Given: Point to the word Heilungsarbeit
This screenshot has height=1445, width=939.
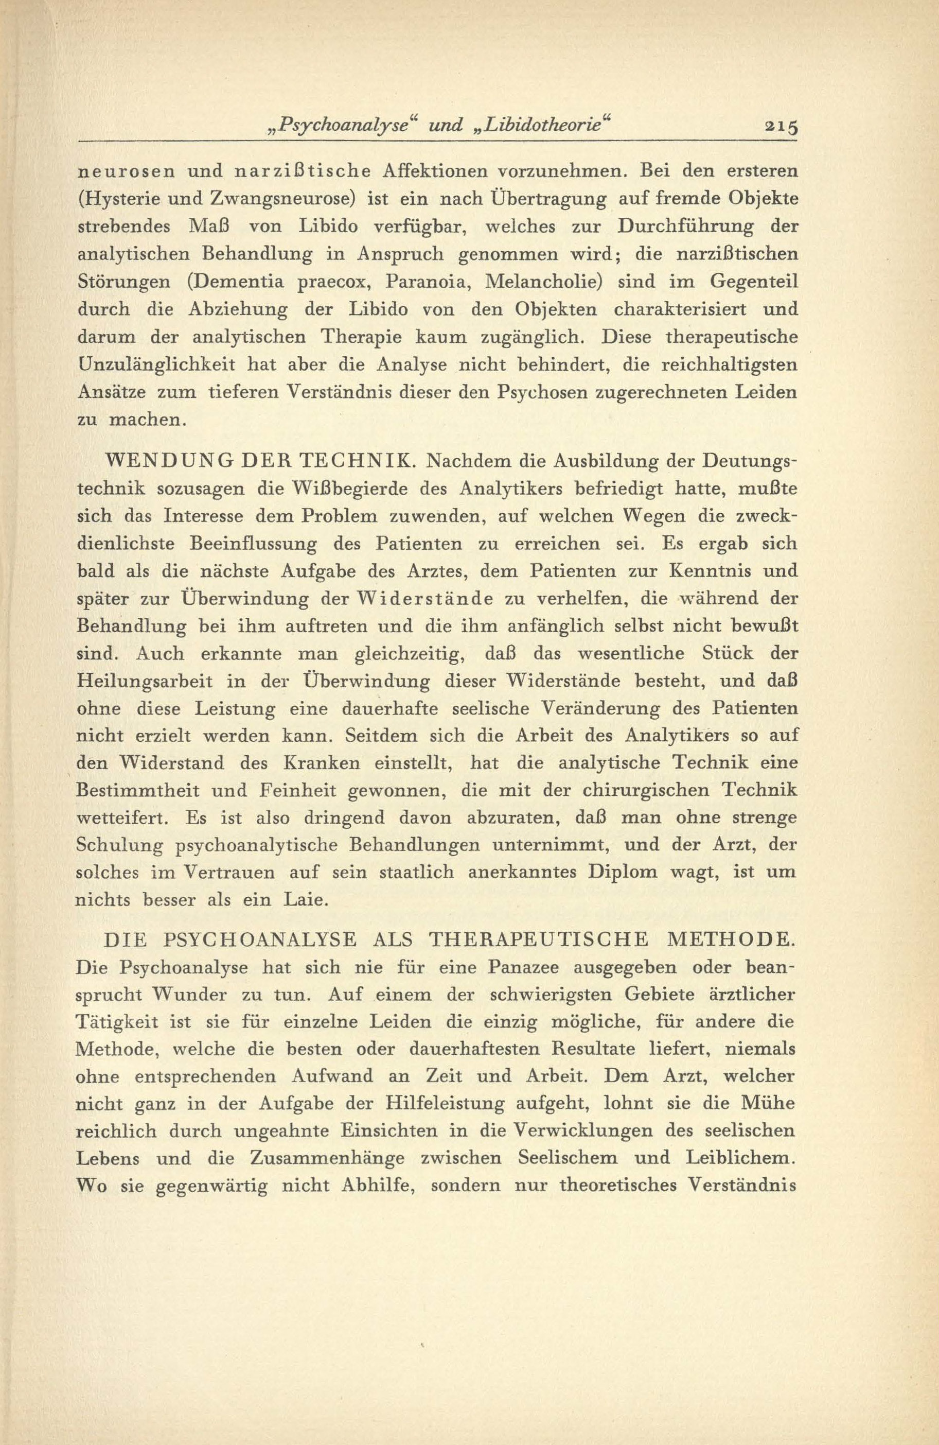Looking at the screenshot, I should coord(145,681).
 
